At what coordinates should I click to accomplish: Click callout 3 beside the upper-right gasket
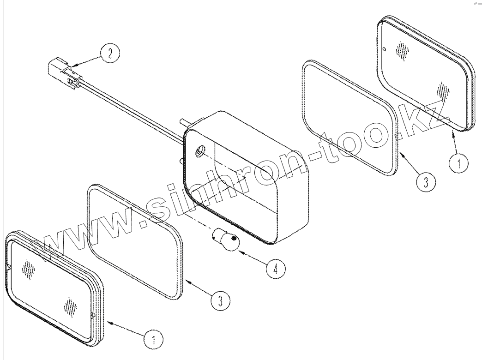point(426,182)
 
